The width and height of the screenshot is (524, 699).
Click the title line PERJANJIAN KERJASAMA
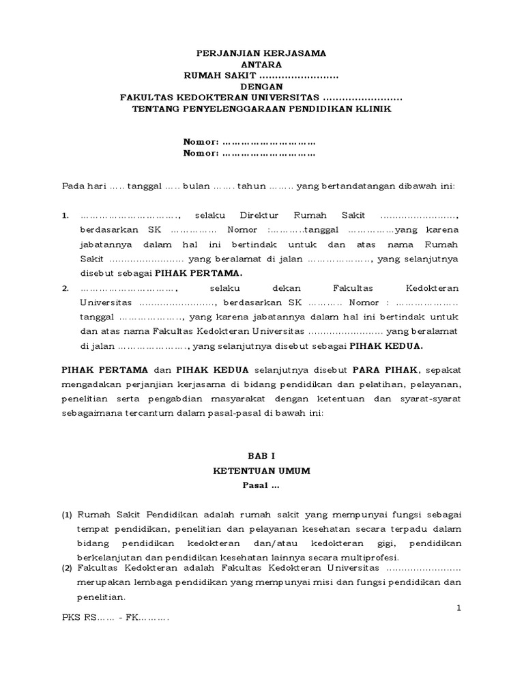(x=261, y=53)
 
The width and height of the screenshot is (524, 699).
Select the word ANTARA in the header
(x=261, y=63)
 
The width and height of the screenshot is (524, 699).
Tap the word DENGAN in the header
(x=261, y=87)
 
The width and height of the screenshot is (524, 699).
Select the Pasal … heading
(x=261, y=486)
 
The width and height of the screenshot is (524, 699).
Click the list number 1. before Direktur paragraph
(x=65, y=216)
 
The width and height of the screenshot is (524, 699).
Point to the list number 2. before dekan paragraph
(x=65, y=288)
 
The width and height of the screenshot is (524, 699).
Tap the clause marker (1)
(x=68, y=514)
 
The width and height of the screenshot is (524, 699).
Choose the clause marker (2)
(x=68, y=568)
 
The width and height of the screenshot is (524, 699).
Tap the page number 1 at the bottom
(x=459, y=607)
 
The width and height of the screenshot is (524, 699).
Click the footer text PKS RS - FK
(x=115, y=618)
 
